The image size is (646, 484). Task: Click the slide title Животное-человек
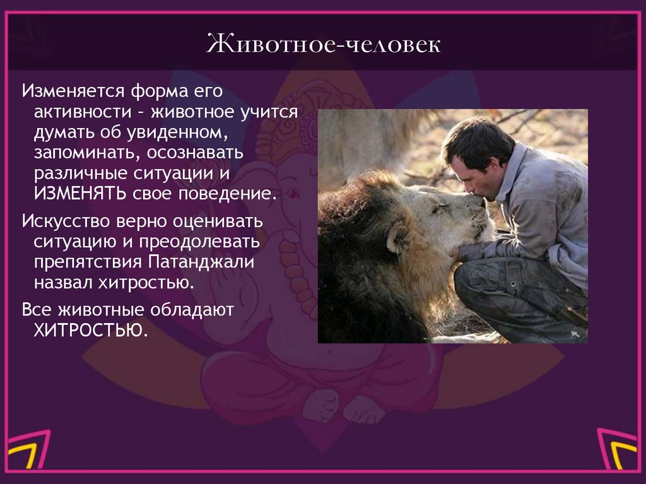pos(322,46)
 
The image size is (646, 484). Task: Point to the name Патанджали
pos(201,261)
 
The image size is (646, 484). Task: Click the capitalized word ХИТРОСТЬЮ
pos(90,329)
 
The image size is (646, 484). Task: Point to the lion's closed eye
pos(442,208)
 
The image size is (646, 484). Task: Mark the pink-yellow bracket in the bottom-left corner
pos(25,451)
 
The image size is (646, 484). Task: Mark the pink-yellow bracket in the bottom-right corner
pos(620,451)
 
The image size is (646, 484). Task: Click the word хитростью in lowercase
pos(144,281)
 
